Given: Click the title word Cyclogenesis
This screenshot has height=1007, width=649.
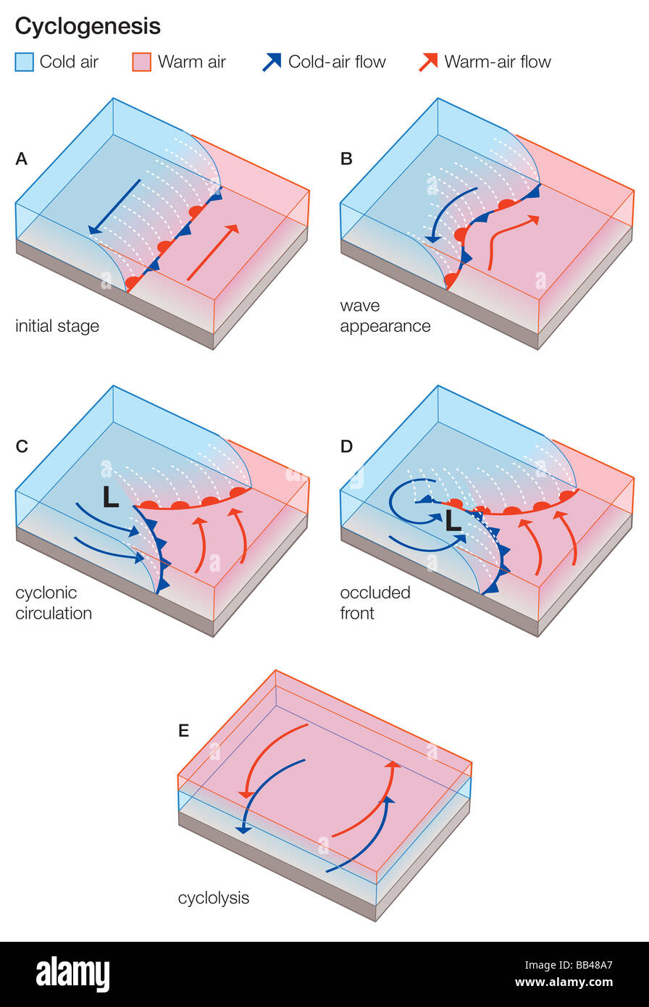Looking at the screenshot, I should (x=88, y=27).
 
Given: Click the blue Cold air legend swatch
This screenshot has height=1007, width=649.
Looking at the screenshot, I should (x=24, y=62).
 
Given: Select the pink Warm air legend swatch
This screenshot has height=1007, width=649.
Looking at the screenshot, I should (x=142, y=62).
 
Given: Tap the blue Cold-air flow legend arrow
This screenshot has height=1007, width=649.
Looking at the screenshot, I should (x=272, y=62).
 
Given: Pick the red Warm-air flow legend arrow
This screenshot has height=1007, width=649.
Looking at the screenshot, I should (x=428, y=62).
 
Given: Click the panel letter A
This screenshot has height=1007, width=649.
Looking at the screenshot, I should (x=22, y=159).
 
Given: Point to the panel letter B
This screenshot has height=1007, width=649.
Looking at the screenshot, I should (x=346, y=159).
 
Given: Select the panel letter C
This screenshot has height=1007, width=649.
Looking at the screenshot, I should (x=22, y=446).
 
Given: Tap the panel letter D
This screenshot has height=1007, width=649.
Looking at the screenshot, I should (x=346, y=446).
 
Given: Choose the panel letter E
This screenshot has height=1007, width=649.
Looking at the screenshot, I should (x=183, y=730).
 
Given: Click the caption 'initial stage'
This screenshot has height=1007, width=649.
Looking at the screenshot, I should (x=57, y=326).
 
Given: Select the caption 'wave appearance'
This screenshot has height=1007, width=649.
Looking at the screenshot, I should (x=385, y=316).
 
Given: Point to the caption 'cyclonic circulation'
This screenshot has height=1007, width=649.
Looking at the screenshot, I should (x=54, y=603).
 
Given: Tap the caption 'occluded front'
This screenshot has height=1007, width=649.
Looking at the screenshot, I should (x=375, y=603).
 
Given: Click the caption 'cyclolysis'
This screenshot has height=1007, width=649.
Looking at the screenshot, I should (x=214, y=898).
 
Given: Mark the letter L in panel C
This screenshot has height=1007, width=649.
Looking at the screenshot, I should (x=110, y=497).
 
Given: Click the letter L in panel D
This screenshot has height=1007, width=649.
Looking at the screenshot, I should (x=453, y=521).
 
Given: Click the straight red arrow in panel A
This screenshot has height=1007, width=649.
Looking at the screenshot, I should (x=212, y=252).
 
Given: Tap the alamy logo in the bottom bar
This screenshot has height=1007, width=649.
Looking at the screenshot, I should (x=72, y=974).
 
